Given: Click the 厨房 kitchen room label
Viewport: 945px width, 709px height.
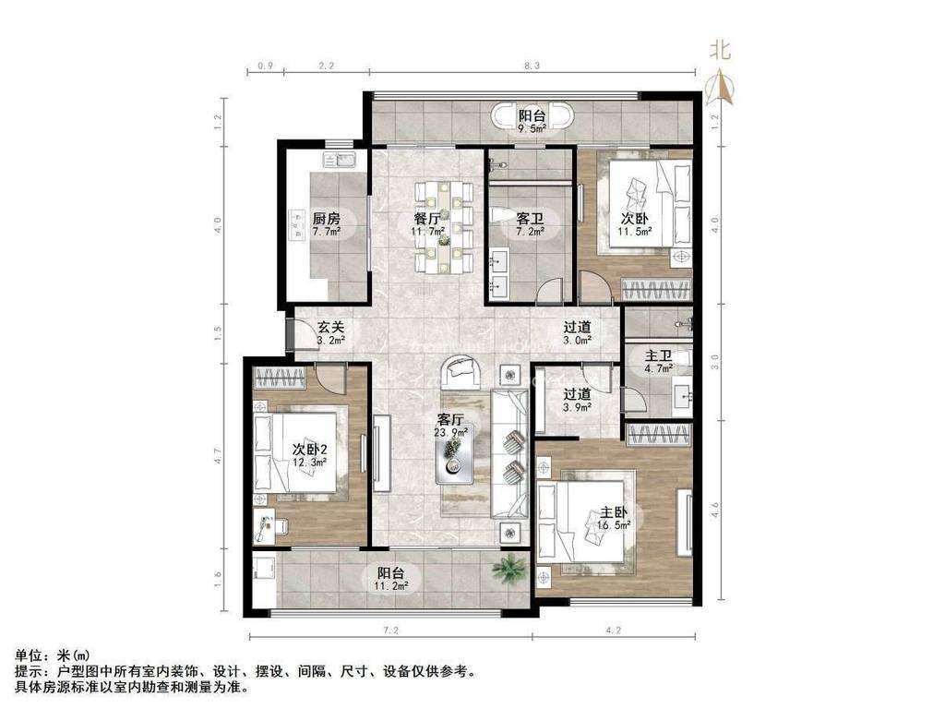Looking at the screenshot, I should tap(327, 219).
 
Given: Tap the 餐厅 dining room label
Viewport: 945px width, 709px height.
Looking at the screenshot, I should tap(426, 219).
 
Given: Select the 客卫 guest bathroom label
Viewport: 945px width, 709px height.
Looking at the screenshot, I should tap(529, 219).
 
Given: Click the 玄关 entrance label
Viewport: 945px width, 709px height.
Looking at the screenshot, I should tap(331, 327).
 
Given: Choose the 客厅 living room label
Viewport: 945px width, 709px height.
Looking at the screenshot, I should tap(451, 418).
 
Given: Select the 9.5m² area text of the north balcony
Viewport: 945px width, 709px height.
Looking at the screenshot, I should tap(532, 129).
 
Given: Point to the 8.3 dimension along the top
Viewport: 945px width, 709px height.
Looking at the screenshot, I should tap(532, 66).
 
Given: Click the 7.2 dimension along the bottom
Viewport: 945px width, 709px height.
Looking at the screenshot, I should tap(389, 631).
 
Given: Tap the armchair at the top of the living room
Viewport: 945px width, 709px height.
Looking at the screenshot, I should tap(461, 372).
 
